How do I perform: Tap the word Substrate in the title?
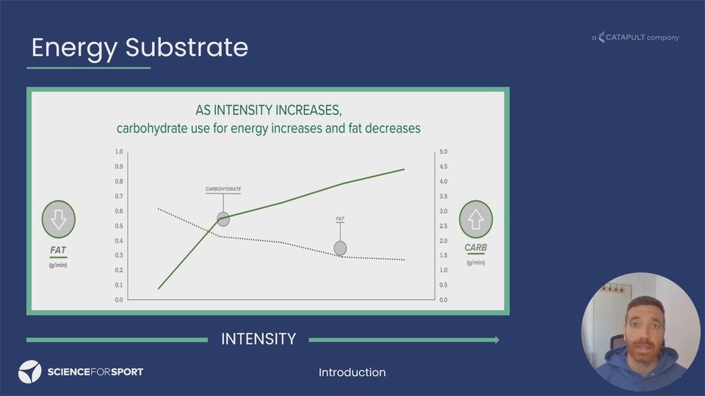[x=187, y=47]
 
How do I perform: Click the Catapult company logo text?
[x=635, y=37]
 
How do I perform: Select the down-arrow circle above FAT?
[x=59, y=219]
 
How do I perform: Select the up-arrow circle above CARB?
[x=476, y=219]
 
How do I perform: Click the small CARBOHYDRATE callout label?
[x=223, y=189]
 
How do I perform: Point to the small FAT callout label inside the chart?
[x=340, y=219]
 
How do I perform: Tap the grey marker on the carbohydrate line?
[x=223, y=219]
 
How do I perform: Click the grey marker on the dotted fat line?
[x=340, y=248]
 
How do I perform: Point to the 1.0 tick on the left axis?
[x=119, y=152]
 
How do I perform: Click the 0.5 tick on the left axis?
[x=119, y=226]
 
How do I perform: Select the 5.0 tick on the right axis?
[x=444, y=152]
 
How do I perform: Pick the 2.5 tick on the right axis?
[x=444, y=226]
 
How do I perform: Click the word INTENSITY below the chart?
[x=258, y=339]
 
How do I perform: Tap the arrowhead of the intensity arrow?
[x=497, y=340]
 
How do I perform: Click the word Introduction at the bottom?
[x=352, y=373]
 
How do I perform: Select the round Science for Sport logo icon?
[x=29, y=372]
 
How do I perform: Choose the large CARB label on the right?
[x=476, y=247]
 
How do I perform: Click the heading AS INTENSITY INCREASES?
[x=269, y=110]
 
